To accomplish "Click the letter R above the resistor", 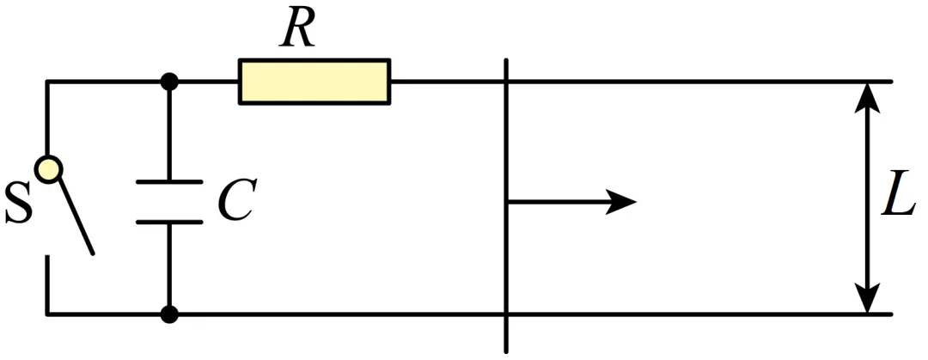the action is (x=297, y=29).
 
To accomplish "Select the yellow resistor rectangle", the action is (x=314, y=82).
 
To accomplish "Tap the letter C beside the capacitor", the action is (x=236, y=199).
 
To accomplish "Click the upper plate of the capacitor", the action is (x=169, y=182).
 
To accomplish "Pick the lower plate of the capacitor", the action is (x=169, y=222).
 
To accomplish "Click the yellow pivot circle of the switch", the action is (x=48, y=169).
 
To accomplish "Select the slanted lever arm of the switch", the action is (x=75, y=217).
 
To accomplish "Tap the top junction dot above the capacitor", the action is (x=169, y=81).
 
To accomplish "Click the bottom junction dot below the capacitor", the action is (x=169, y=314).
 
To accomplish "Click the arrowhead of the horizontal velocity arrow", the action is (x=620, y=202).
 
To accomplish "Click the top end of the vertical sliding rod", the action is (x=507, y=59).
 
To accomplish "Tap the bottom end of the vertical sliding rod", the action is (x=507, y=351).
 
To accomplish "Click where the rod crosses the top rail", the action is (x=507, y=81).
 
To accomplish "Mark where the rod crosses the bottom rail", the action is (x=507, y=314).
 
